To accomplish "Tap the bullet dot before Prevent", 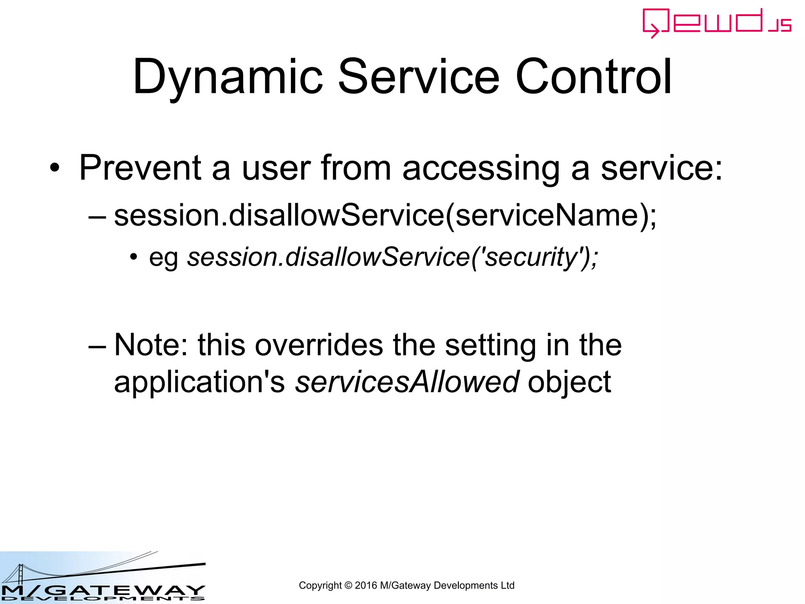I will click(55, 169).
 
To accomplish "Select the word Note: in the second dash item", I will click(151, 345).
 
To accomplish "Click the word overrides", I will click(319, 345).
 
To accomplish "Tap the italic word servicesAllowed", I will click(407, 382).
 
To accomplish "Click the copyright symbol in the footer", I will click(348, 586).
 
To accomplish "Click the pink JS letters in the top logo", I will click(780, 26).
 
